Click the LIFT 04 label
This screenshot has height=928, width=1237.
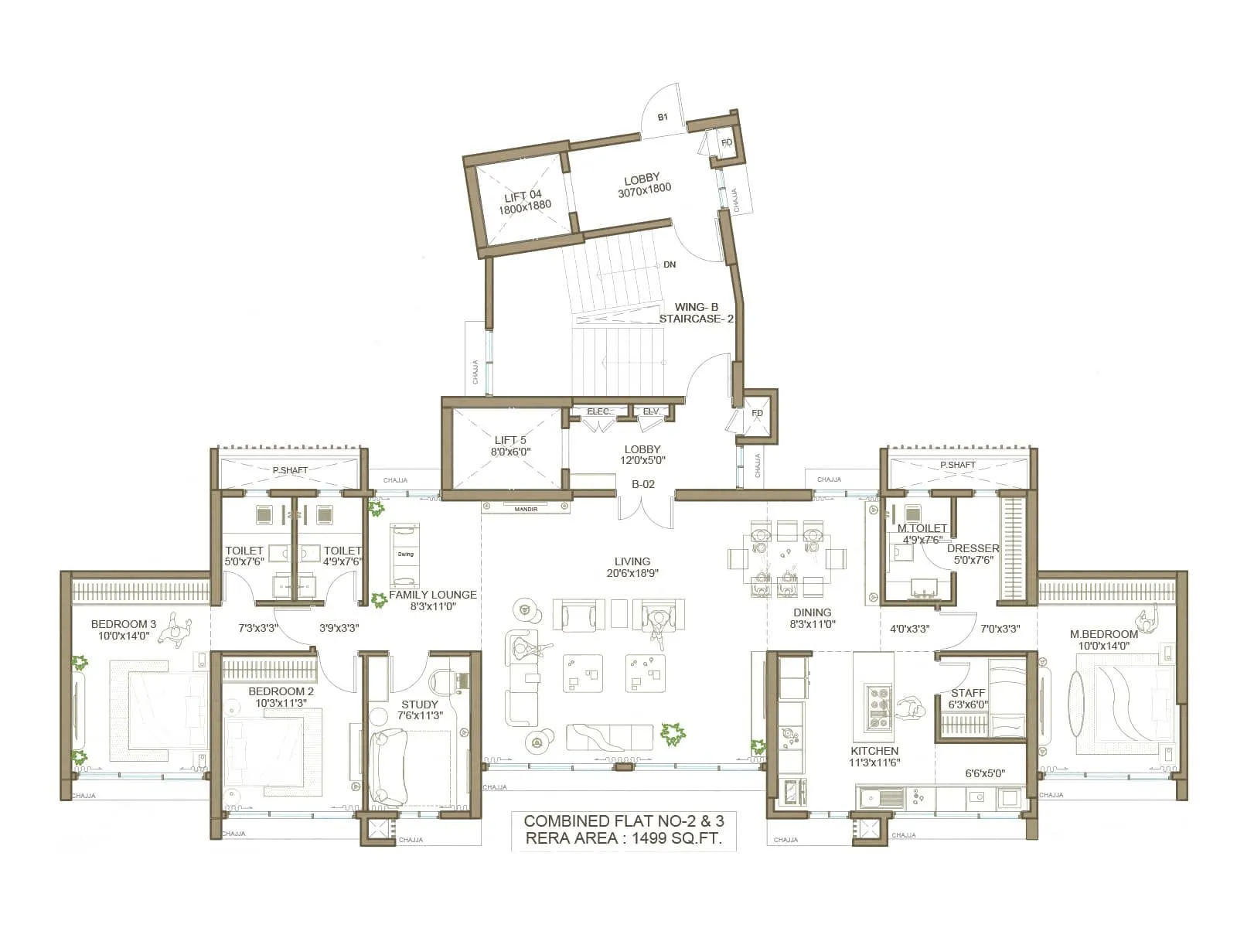pos(523,196)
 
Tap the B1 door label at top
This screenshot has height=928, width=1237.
pos(663,118)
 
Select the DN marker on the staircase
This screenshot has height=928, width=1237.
pos(670,264)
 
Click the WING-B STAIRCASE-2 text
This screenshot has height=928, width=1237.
pos(696,313)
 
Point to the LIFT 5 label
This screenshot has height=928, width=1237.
pos(510,440)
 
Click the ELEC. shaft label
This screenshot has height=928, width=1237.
pos(598,411)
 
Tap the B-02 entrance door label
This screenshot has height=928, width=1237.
pos(643,484)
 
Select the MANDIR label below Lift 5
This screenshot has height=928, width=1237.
pos(526,509)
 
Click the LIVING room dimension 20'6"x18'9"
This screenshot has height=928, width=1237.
pos(632,574)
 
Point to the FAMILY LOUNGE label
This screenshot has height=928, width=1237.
pos(432,595)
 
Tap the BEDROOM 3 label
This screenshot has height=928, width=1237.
pos(124,624)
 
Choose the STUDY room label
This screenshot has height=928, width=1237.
pos(420,705)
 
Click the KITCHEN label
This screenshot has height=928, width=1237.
pos(874,751)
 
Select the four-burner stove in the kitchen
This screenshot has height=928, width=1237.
pos(879,706)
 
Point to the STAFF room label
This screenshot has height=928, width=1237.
pos(968,693)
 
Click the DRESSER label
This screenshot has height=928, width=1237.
pos(973,548)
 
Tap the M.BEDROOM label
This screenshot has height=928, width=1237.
pos(1104,634)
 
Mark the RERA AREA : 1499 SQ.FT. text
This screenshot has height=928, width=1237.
pos(624,838)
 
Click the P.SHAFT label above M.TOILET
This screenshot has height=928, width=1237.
pos(958,465)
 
